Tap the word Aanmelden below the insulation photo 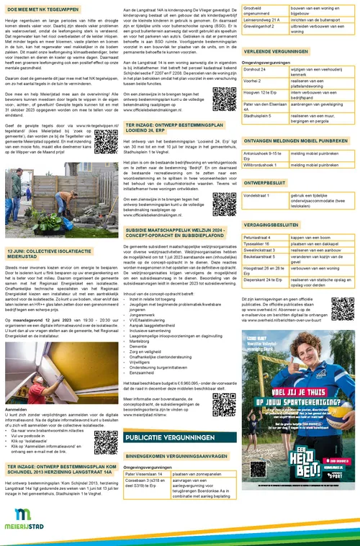(x=16, y=407)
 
